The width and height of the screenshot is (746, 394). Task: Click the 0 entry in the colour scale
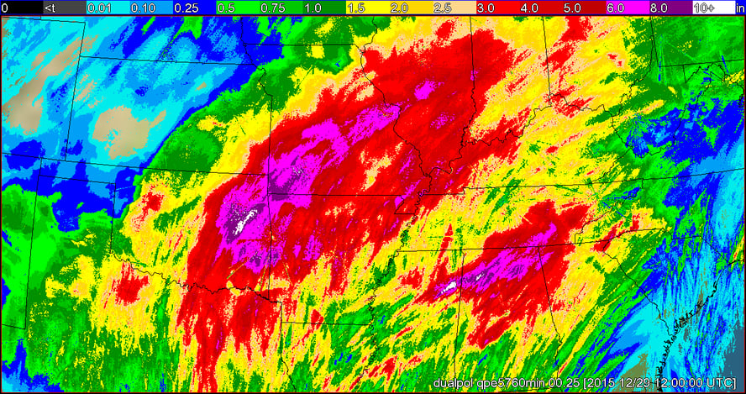tap(5, 8)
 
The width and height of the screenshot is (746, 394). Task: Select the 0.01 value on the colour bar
tap(100, 8)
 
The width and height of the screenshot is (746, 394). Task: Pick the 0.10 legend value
tap(143, 8)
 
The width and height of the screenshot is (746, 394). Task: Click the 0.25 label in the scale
tap(186, 8)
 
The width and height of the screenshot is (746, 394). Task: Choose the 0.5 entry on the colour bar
tap(227, 8)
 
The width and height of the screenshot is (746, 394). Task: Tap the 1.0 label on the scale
tap(313, 8)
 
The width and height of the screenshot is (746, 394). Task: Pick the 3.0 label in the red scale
tap(486, 8)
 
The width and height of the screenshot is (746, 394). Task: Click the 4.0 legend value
tap(530, 8)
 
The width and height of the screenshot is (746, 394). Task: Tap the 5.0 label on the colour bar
tap(573, 8)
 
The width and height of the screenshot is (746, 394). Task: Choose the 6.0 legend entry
tap(616, 8)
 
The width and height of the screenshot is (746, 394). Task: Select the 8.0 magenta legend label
tap(659, 8)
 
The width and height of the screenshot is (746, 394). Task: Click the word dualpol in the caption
tap(452, 383)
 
